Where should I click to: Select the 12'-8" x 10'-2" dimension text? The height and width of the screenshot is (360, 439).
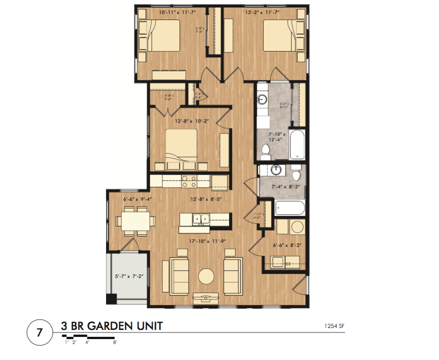click(x=190, y=121)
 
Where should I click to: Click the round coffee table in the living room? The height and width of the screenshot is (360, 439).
click(x=206, y=275)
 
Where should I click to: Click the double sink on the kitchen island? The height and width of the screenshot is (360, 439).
click(x=202, y=218)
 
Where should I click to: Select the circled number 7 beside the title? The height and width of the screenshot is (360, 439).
click(x=39, y=332)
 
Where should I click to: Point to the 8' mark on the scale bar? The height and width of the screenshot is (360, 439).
click(x=115, y=343)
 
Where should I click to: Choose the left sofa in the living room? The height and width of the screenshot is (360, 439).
click(x=179, y=275)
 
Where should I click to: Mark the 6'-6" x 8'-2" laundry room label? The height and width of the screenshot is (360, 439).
click(x=286, y=245)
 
